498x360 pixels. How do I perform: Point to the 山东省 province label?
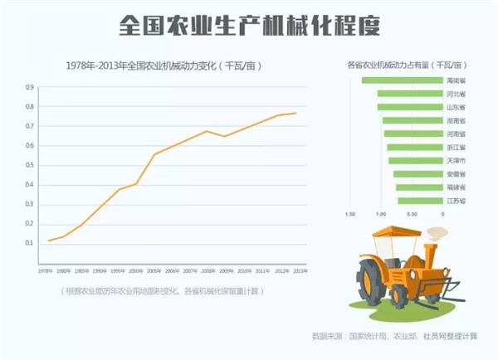coord(456,107)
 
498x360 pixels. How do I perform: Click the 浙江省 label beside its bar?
coord(456,147)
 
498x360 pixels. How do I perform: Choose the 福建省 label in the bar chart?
coord(456,187)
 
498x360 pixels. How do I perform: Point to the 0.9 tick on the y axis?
coord(30,87)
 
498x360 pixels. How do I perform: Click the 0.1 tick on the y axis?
coord(30,243)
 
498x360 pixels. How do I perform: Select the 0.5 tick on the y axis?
coord(30,165)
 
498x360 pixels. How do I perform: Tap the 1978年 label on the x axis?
coord(47,271)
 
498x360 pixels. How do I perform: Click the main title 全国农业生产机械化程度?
coord(249,25)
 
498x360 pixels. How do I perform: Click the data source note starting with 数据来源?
coord(394,336)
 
